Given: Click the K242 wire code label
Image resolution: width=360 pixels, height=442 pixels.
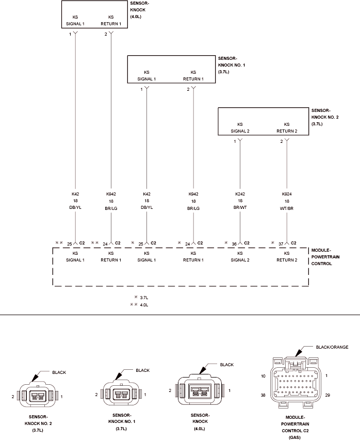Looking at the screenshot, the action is (x=240, y=194).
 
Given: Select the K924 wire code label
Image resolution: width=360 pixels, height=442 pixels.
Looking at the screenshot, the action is (x=287, y=194).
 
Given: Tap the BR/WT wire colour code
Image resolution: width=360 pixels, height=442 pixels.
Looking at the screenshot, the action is (x=240, y=207).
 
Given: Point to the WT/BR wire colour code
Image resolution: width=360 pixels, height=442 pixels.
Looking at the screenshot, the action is (x=287, y=208).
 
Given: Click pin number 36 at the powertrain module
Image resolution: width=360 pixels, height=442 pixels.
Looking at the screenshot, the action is (x=234, y=244).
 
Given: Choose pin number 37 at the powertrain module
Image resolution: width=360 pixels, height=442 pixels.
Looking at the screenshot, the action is (x=281, y=244).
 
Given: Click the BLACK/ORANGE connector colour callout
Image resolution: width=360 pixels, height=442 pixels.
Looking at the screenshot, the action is (x=332, y=347).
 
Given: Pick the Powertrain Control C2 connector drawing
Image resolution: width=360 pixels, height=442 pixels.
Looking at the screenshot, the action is (x=295, y=382).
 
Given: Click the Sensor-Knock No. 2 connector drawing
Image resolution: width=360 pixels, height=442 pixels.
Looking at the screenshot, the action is (x=38, y=396).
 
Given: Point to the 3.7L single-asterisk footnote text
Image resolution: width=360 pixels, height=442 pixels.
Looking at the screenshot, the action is (x=144, y=298).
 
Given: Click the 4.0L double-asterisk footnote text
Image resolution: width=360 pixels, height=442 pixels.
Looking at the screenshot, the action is (x=144, y=305).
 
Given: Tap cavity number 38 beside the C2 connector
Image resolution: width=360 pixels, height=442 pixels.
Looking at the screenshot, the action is (x=263, y=395).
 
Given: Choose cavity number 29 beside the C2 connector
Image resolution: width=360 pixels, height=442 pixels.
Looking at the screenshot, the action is (x=328, y=395).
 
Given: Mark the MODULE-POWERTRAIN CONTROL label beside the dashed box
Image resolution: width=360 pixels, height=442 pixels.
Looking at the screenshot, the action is (x=325, y=257).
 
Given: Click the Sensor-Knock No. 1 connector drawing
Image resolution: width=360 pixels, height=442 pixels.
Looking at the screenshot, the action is (x=121, y=395).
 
